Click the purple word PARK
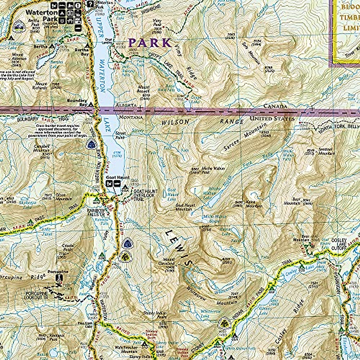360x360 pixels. click(150, 43)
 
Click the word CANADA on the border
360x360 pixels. click(275, 106)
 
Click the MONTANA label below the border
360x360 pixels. click(131, 118)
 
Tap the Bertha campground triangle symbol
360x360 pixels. click(52, 46)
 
